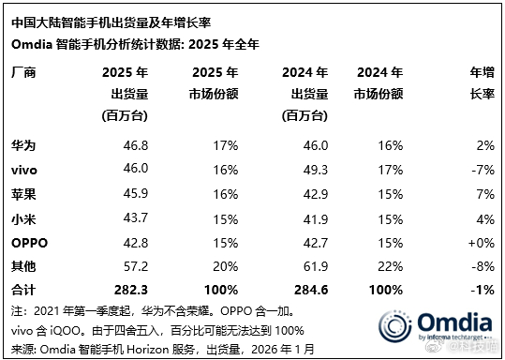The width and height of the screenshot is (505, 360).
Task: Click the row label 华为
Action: point(22,145)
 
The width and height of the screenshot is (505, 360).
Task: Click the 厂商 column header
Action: point(22,72)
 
